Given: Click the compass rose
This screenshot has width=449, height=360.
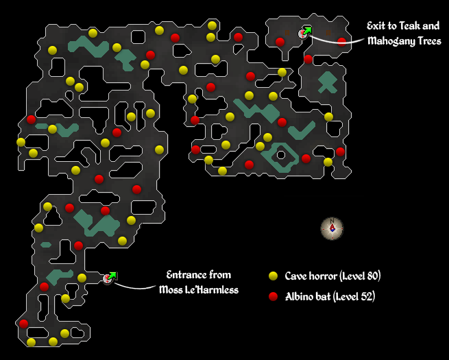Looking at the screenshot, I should (x=332, y=228).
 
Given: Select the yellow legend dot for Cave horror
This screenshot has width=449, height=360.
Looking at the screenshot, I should (x=273, y=276).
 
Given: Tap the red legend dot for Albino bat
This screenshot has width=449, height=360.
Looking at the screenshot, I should (x=273, y=297).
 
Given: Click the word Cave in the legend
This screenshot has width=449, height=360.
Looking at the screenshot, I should (x=297, y=276).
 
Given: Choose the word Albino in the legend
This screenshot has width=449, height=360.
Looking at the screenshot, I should (x=300, y=297).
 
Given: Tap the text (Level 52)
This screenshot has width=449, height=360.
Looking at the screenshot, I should (x=354, y=297).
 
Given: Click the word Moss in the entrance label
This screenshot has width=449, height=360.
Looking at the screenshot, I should (x=171, y=290).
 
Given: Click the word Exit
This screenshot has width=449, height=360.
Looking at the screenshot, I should (x=378, y=27).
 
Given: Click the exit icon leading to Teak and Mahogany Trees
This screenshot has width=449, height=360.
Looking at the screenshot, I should (x=304, y=32).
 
